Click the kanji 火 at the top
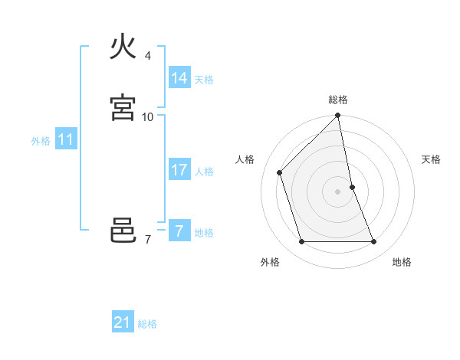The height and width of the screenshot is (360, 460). [123, 47]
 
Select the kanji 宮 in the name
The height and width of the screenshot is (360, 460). [123, 107]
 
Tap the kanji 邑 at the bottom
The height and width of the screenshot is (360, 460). [123, 231]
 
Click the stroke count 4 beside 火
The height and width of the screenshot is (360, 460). [148, 56]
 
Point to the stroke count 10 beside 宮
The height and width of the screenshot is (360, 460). [148, 116]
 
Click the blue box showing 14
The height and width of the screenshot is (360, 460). [179, 78]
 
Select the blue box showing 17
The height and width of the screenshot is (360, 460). [179, 170]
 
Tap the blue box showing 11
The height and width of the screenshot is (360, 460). [66, 140]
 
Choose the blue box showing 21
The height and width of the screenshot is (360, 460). [122, 322]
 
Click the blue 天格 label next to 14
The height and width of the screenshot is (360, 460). [204, 80]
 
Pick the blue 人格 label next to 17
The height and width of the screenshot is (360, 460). [204, 172]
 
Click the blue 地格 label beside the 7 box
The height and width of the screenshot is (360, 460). [204, 233]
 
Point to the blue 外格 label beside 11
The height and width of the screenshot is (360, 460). [41, 141]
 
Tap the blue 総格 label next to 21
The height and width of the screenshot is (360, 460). [147, 324]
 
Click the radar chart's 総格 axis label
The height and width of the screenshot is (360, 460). [338, 100]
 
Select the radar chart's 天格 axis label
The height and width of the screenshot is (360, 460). [431, 159]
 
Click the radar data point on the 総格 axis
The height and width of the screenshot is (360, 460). [338, 116]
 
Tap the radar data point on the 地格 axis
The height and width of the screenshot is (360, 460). [374, 242]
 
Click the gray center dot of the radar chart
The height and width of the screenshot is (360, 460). [338, 191]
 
